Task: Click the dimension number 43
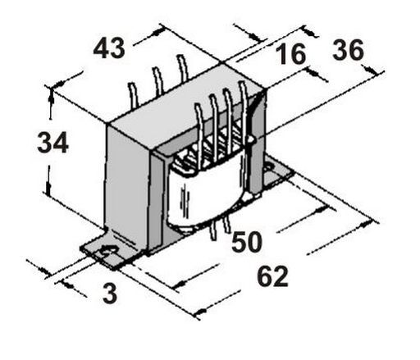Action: coord(109,48)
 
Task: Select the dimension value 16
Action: coord(290,54)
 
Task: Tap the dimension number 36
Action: coord(348,49)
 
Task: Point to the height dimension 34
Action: coord(52,142)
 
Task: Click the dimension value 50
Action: coord(247,241)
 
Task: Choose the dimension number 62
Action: coord(273,276)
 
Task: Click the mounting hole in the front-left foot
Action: coord(109,251)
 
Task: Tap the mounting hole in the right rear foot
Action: coord(270,166)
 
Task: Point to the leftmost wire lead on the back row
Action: coord(133,95)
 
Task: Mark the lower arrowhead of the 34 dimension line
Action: coord(48,189)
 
